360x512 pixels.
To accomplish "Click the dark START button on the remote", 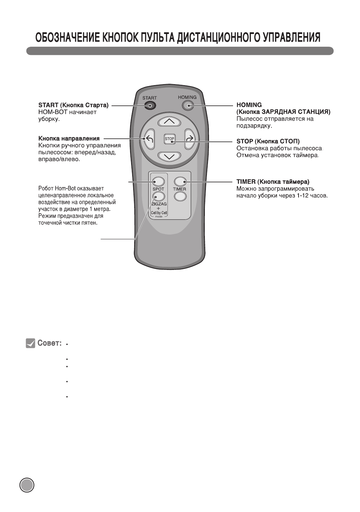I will (x=150, y=105).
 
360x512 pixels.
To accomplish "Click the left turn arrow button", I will (x=149, y=139).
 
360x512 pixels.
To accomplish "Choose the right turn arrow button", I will (x=189, y=139).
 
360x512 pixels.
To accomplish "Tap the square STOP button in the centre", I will (x=170, y=139).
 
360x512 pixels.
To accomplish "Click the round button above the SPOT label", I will (x=158, y=181).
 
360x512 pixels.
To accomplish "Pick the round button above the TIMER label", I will (x=179, y=181).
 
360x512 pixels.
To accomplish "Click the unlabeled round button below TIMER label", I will (x=179, y=196).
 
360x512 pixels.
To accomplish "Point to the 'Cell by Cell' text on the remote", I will (x=159, y=213).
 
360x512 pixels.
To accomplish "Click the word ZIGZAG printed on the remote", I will (x=159, y=204).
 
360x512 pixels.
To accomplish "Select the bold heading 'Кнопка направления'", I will (x=69, y=138).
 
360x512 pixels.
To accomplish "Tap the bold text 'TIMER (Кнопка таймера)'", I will (x=273, y=181).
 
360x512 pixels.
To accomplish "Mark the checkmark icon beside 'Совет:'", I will (x=31, y=343).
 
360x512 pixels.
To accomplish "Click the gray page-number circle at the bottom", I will (x=27, y=485).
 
